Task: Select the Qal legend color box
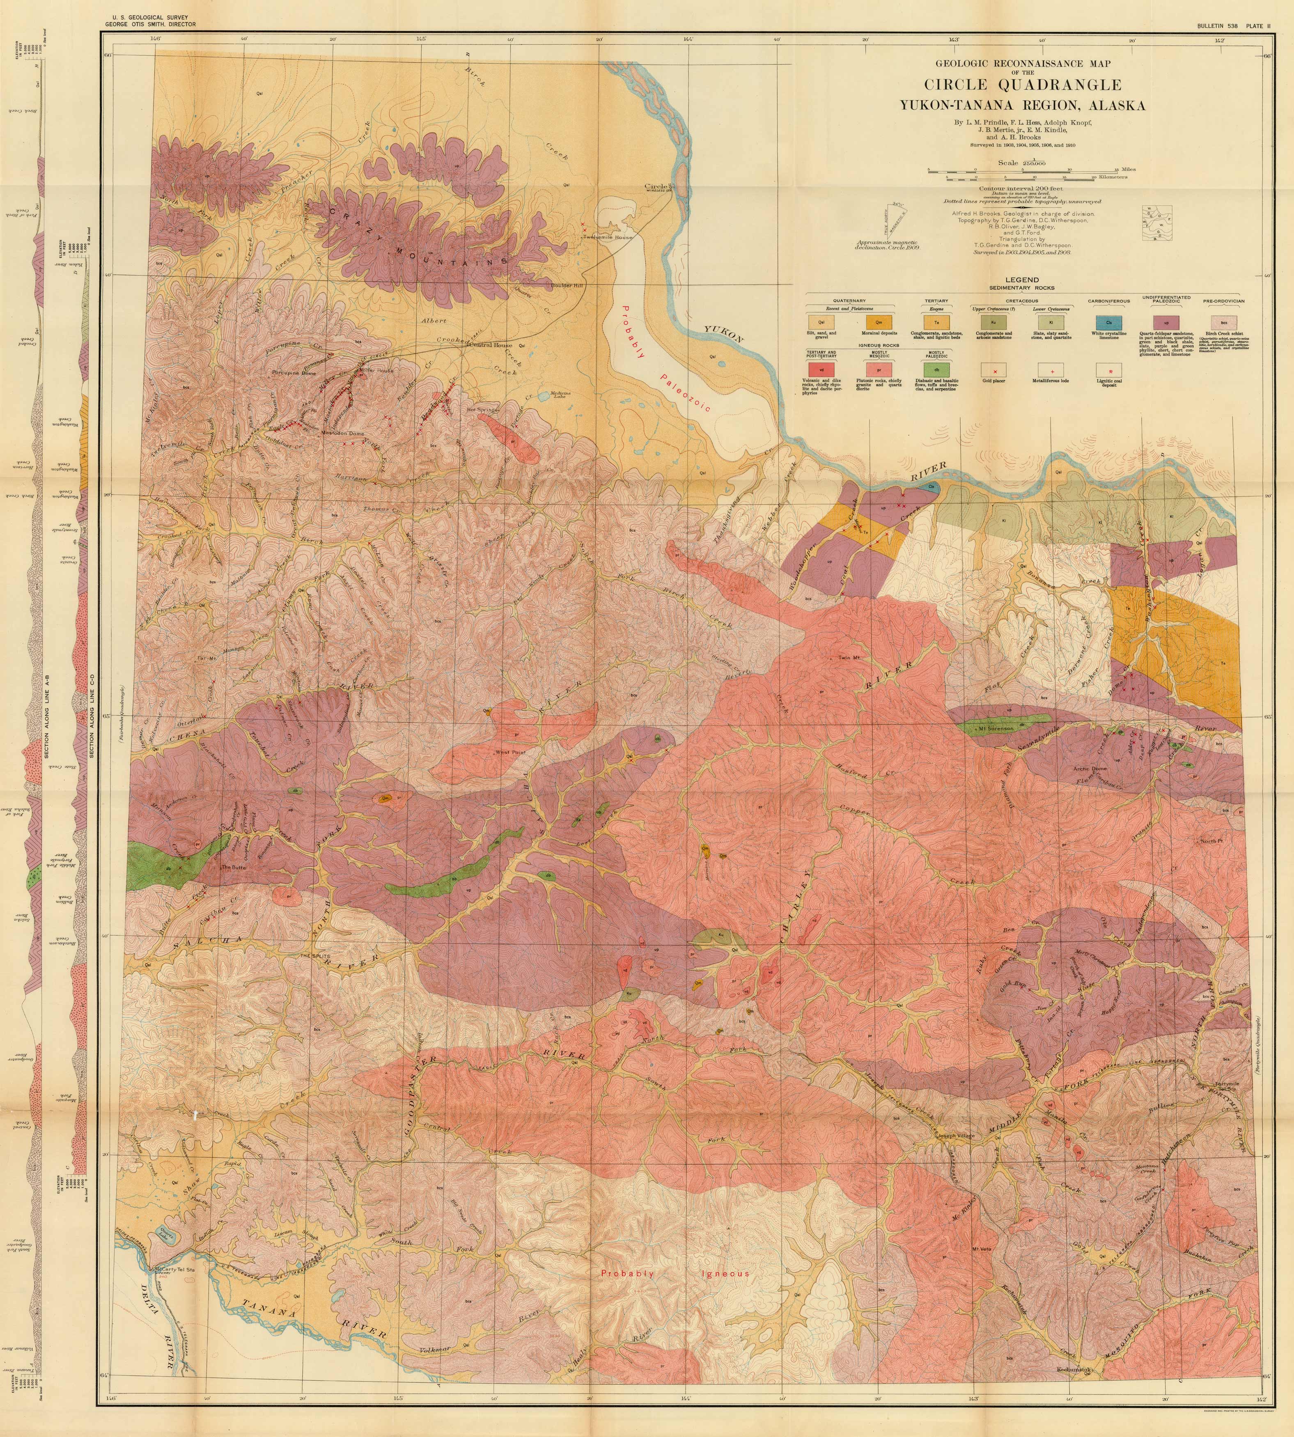click(x=821, y=322)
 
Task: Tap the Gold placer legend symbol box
click(x=994, y=370)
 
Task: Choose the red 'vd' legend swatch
click(x=821, y=370)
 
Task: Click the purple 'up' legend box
click(x=1166, y=322)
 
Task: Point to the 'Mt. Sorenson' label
click(x=995, y=728)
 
